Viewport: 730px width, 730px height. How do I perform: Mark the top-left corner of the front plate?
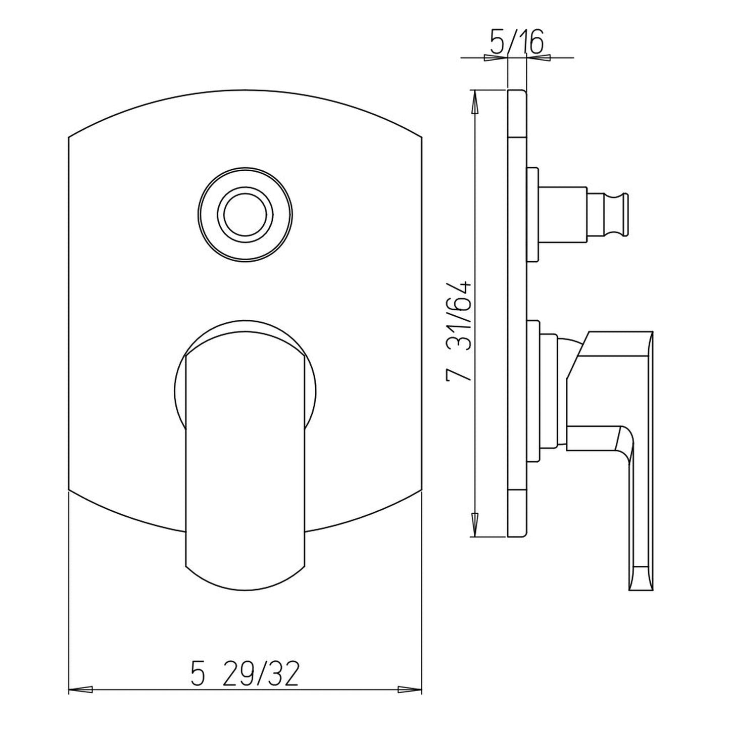tap(69, 137)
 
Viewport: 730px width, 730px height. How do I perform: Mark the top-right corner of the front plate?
tap(421, 137)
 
